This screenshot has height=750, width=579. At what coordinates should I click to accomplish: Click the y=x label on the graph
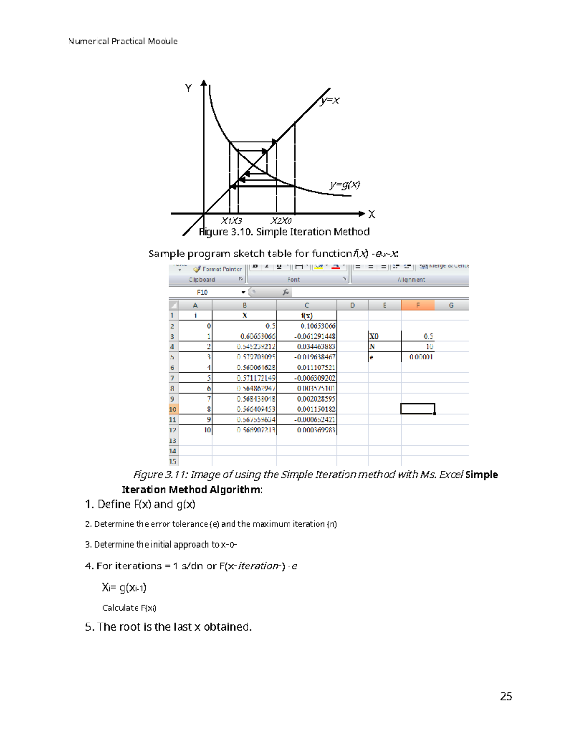pos(330,100)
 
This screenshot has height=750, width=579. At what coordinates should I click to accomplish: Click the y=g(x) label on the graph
pos(345,184)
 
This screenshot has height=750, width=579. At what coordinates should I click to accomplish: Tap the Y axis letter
pos(188,88)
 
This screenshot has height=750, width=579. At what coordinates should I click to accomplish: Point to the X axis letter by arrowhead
pos(372,214)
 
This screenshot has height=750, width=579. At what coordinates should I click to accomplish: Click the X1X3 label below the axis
pos(231,221)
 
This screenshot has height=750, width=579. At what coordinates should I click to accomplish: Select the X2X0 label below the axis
pos(281,221)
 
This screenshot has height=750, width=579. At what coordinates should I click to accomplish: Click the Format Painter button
pos(218,269)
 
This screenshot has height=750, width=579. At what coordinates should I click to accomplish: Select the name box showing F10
pos(207,292)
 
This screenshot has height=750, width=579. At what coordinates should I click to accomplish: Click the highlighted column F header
pos(418,305)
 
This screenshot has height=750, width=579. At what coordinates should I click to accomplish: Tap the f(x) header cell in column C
pos(306,315)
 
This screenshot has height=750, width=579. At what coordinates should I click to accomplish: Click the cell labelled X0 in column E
pos(374,336)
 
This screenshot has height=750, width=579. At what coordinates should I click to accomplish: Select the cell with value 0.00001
pos(421,357)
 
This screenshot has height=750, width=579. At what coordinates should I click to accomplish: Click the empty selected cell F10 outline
pos(418,409)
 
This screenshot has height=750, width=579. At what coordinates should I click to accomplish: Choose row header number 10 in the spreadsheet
pos(173,409)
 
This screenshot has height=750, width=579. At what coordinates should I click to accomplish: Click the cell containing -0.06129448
pos(315,336)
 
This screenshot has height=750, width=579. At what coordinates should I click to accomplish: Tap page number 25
pos(506,696)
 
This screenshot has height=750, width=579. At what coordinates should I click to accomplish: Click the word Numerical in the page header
pos(88,42)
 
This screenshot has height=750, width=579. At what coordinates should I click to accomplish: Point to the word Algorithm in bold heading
pos(235,489)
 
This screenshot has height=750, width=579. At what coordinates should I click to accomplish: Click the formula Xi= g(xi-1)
pos(124,587)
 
